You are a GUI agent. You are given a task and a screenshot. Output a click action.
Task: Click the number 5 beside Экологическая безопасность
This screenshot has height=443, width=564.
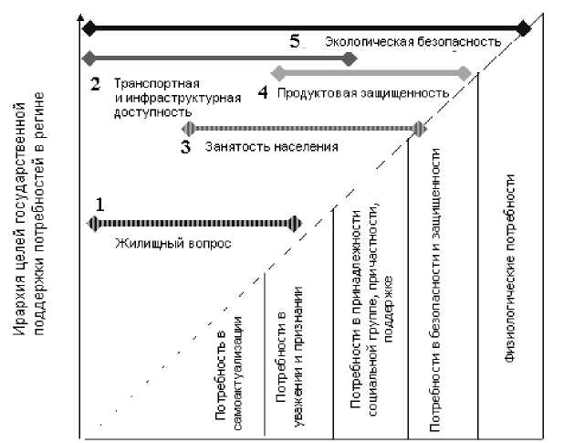[294, 41]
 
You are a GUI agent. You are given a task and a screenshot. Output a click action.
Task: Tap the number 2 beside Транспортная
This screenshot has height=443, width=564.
[94, 84]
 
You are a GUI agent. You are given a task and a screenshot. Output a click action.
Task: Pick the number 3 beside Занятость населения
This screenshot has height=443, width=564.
[185, 147]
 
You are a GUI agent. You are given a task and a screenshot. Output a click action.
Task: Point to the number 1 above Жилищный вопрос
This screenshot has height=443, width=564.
[100, 206]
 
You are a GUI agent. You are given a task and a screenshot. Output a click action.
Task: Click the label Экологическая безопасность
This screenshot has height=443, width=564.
[413, 42]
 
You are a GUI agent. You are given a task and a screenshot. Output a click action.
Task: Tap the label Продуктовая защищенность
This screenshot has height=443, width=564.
[363, 93]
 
